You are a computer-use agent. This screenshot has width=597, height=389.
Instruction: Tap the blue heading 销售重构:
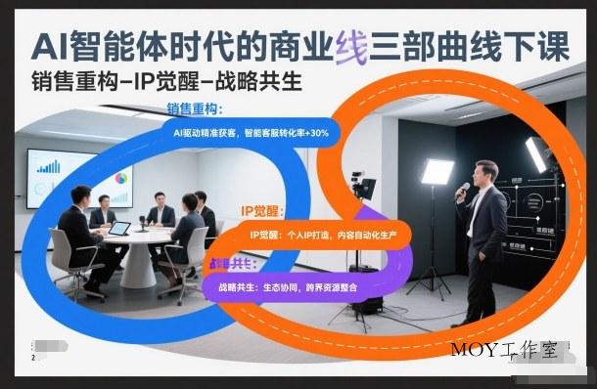194,109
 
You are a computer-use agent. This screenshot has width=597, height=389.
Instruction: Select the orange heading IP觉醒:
260,211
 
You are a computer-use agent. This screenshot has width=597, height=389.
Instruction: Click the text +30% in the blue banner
317,131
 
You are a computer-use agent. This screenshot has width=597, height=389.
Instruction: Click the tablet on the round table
118,229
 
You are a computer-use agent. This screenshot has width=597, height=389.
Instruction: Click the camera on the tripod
364,187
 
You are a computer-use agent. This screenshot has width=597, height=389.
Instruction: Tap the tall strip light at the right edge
535,153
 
